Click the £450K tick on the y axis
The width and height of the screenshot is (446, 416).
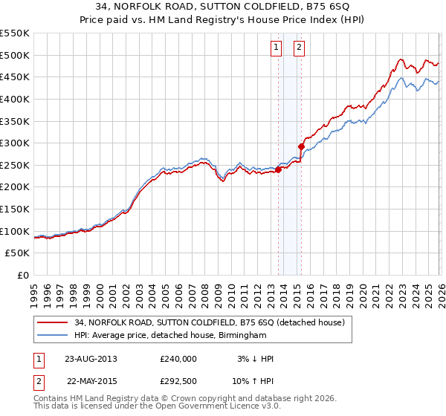pos(14,77)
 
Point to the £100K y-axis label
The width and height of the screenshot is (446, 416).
pos(14,231)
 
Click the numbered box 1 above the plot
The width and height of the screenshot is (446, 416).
pos(276,48)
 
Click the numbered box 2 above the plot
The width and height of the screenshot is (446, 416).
pos(299,48)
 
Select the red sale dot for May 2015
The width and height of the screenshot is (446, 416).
pos(302,146)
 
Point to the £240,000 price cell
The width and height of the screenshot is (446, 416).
pos(178,359)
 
